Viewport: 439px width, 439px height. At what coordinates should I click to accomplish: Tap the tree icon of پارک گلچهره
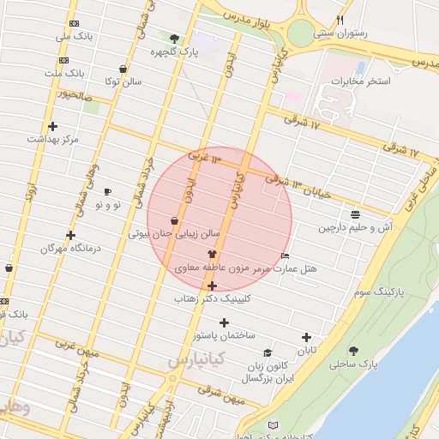click(175, 39)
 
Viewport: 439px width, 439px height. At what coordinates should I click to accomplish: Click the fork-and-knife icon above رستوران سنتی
click(340, 19)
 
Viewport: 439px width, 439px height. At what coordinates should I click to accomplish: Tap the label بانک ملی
click(74, 37)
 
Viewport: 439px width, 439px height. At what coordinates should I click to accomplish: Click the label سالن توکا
click(123, 82)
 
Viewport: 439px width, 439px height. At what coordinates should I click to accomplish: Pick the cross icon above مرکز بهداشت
click(52, 126)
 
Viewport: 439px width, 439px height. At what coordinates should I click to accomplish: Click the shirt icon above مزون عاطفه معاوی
click(212, 255)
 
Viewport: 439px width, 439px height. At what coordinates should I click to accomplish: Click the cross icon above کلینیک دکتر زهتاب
click(212, 286)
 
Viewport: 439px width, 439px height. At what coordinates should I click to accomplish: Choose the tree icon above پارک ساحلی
click(353, 351)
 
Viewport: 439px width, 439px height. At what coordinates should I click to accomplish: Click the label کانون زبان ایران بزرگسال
click(268, 371)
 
